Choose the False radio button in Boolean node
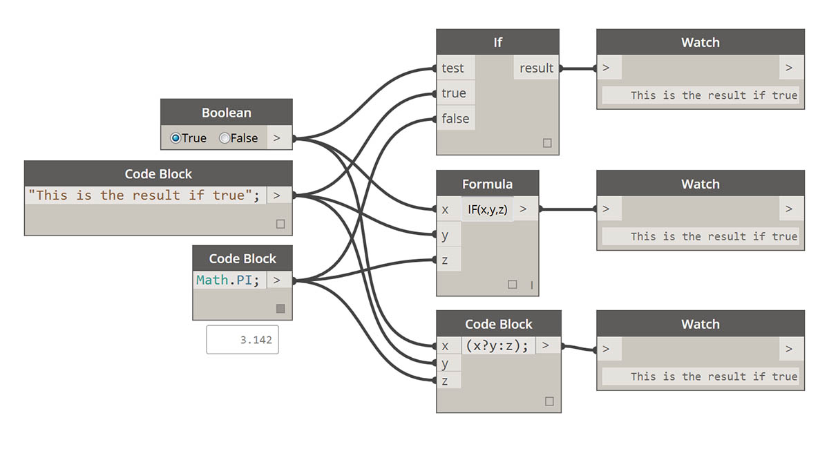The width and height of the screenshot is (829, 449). point(225,138)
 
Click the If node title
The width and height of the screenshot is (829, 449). point(497,42)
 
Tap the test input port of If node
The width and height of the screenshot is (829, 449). point(453,68)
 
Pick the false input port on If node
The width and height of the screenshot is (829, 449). point(455,119)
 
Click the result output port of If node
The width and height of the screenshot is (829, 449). point(536,68)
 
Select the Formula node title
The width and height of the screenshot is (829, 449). point(487,184)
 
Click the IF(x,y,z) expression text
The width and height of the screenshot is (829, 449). point(487,209)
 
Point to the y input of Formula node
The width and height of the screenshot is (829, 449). point(446,235)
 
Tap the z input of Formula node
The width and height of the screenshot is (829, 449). point(446,260)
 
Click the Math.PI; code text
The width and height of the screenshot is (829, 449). point(228,280)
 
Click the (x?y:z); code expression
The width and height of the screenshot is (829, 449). point(497,345)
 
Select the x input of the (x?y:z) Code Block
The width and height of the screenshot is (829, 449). point(446,345)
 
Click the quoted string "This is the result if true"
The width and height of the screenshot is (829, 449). point(144,195)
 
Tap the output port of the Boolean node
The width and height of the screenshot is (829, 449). point(277,138)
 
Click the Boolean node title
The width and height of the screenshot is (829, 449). point(227,113)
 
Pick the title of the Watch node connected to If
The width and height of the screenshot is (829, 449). point(701,42)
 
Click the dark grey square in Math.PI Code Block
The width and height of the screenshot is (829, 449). point(280,309)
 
